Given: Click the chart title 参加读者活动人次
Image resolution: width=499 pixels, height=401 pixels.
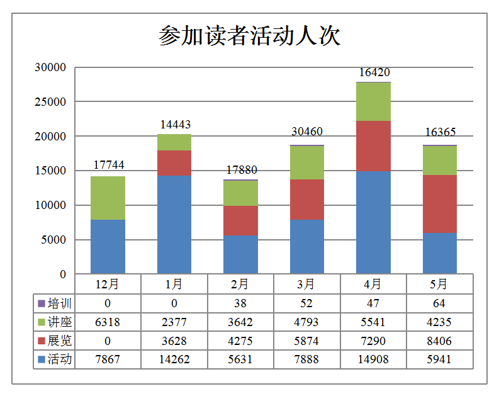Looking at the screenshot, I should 249,36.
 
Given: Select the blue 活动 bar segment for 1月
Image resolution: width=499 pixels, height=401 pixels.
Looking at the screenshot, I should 174,225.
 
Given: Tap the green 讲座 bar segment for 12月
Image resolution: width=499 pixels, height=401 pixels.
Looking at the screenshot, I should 108,198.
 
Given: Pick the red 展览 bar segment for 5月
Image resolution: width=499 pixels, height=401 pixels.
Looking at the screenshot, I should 439,203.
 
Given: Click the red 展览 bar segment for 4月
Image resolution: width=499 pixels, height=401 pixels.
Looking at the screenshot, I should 373,145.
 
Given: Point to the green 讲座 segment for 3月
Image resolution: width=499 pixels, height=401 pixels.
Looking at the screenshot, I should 307,162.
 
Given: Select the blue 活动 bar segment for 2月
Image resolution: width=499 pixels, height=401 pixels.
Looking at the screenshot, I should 240,254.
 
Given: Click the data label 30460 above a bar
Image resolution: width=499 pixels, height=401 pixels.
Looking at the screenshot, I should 307,132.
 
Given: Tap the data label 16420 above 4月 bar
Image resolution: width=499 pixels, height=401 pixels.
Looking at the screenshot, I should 374,72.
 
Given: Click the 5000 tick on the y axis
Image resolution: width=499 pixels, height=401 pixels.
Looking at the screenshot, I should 55,240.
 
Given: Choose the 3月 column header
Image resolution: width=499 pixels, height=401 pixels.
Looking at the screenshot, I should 307,284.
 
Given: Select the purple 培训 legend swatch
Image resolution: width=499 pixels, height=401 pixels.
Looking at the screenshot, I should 42,303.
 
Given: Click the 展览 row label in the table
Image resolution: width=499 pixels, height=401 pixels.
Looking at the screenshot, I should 59,341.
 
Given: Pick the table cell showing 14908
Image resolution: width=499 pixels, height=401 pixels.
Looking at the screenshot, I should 373,360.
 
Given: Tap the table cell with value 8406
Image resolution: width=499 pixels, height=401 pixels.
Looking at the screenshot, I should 439,341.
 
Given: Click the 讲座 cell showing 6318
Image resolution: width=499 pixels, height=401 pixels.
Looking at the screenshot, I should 108,322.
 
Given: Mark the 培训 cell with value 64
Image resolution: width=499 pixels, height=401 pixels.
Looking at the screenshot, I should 439,303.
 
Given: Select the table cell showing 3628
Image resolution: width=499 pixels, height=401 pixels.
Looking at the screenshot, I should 174,341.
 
